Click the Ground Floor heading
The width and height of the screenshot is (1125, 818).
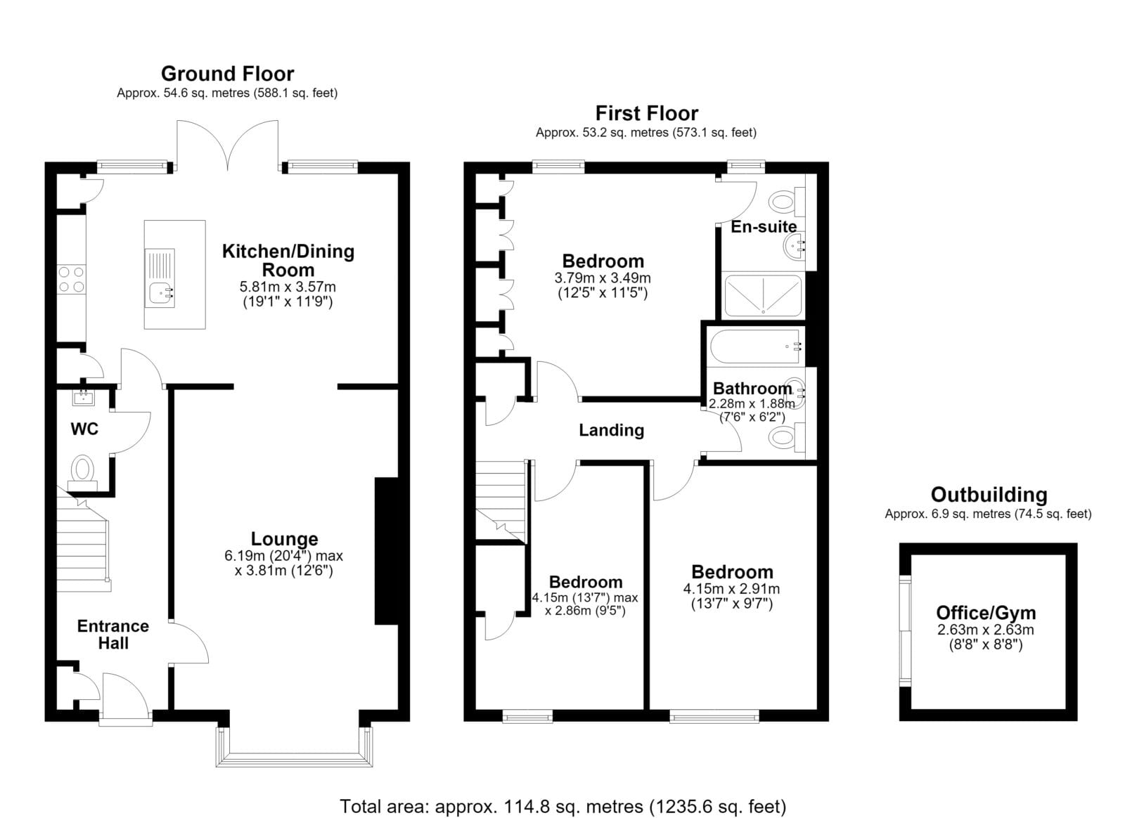(228, 74)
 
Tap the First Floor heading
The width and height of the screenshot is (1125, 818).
(646, 113)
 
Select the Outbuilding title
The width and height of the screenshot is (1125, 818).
(989, 495)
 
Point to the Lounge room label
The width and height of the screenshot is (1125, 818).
(284, 539)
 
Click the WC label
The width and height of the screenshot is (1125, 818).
(84, 429)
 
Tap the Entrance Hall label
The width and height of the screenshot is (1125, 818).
(113, 635)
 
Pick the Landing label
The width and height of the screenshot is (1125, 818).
(611, 430)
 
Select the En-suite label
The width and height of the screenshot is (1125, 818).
(764, 227)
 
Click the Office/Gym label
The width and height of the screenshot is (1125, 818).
(986, 613)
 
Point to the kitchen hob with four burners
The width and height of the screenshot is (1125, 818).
(71, 280)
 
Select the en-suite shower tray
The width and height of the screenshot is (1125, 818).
(763, 295)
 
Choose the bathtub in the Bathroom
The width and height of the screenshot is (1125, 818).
(755, 346)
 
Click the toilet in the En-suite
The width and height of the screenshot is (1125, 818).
(787, 202)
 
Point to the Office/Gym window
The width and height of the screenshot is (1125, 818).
(904, 631)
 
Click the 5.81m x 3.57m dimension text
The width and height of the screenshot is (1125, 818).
(288, 287)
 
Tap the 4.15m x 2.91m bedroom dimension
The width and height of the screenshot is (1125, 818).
(731, 589)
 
